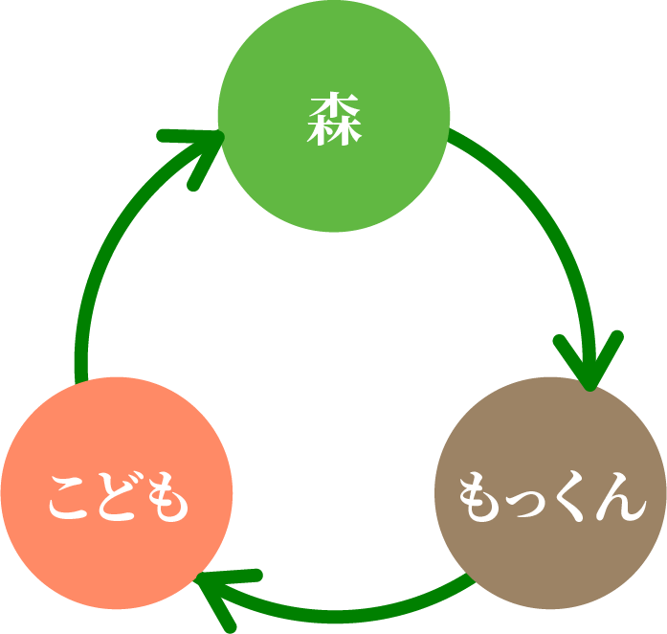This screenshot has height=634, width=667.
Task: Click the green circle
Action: coord(333,116)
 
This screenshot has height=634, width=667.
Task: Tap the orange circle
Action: coord(117,496)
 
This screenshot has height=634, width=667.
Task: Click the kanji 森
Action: coord(334,120)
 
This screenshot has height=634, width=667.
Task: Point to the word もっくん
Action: coord(549,497)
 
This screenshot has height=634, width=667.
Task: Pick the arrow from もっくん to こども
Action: coord(335,609)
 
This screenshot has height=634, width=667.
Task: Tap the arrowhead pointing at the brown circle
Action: coord(589,364)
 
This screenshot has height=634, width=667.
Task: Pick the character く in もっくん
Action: coord(571,497)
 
